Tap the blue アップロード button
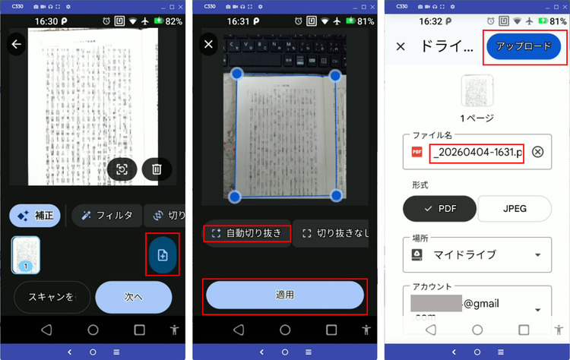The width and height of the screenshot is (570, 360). coord(524,46)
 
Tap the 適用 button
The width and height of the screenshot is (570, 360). coord(285,295)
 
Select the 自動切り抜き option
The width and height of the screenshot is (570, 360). coord(248,233)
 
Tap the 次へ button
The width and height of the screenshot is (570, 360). coord(134,297)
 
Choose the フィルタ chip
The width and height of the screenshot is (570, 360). coord(107,216)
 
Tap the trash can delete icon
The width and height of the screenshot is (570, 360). coord(157,169)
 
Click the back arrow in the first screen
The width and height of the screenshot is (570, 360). coord(17,45)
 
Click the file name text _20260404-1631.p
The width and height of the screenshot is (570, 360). coord(477,153)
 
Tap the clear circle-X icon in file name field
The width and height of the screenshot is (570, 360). coord(537,152)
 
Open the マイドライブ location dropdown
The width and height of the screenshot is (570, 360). coord(477,255)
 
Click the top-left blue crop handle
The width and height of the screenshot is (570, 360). coord(236,74)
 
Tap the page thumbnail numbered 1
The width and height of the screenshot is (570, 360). coord(26,254)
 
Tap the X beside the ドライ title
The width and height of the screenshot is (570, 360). coord(401,46)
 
